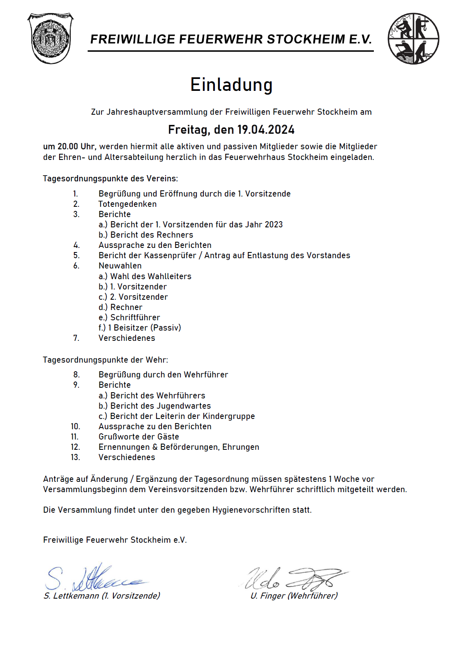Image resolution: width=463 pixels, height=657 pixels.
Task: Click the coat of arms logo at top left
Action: pyautogui.click(x=50, y=39)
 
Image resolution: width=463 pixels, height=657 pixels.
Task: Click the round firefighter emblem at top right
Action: pyautogui.click(x=413, y=39)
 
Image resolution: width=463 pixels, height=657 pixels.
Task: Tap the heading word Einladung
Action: pyautogui.click(x=231, y=85)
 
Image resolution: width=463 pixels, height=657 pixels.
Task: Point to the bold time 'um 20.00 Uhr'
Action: pyautogui.click(x=69, y=146)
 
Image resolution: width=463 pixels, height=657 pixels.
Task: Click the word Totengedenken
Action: pyautogui.click(x=127, y=204)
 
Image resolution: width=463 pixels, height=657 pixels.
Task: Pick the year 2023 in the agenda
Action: pyautogui.click(x=274, y=224)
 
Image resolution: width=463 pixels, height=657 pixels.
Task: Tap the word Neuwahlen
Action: pyautogui.click(x=120, y=266)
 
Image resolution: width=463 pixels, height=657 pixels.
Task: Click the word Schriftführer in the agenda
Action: pyautogui.click(x=135, y=317)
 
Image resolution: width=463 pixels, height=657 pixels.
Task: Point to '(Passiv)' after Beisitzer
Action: pyautogui.click(x=166, y=328)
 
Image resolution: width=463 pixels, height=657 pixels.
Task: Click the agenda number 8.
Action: pyautogui.click(x=76, y=375)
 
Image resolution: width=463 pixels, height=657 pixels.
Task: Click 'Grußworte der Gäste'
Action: pyautogui.click(x=139, y=437)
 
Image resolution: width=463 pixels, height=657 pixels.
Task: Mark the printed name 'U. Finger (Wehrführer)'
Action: pyautogui.click(x=294, y=596)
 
